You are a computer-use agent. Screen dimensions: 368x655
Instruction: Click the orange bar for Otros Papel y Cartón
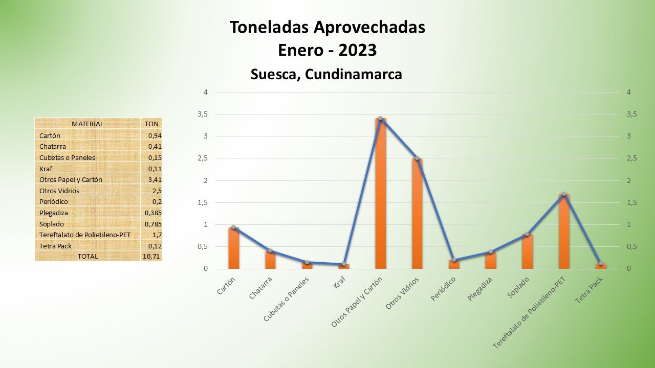coord(380,194)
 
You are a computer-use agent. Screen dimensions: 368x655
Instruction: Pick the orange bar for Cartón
coord(233,248)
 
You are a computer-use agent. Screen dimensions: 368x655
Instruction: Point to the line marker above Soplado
coord(527,234)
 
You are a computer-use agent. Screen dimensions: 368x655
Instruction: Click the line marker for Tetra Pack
coord(601,263)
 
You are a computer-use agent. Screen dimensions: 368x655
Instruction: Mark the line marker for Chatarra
coord(270,250)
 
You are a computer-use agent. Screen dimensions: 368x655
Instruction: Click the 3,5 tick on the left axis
coord(203,114)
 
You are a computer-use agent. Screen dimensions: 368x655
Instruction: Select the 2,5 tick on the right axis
coord(631,158)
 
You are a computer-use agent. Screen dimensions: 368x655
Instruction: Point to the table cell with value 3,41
coord(151,179)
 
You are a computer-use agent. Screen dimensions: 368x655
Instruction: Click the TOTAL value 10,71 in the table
coord(151,256)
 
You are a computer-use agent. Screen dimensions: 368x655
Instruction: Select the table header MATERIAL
coord(88,124)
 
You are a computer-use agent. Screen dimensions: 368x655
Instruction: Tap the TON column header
coord(151,124)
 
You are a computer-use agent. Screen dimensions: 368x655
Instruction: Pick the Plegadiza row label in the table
coord(54,213)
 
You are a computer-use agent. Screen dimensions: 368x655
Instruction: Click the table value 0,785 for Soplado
coord(150,223)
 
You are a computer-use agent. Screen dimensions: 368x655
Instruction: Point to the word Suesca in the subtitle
coord(274,74)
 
